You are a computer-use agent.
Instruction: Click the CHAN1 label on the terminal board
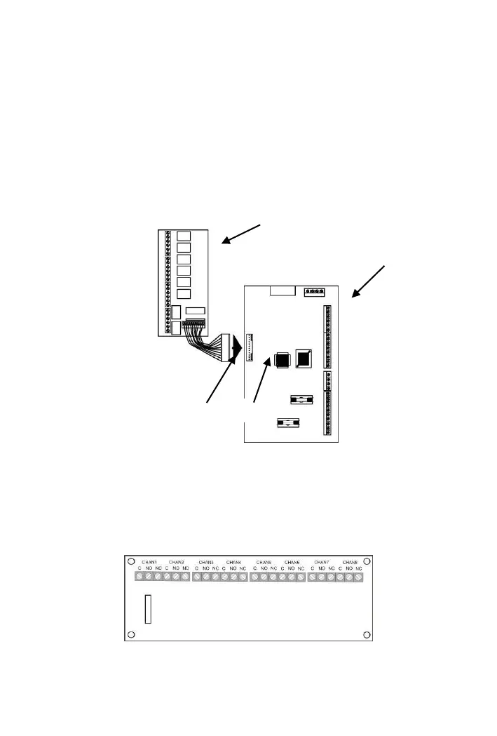click(x=148, y=562)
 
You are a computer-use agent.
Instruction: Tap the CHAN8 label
click(x=350, y=562)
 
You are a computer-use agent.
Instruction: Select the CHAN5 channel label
click(x=264, y=562)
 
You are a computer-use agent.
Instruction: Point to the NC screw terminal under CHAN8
click(x=358, y=577)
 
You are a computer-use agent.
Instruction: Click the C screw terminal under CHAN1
click(x=139, y=577)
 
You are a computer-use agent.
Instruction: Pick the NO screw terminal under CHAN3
click(x=206, y=577)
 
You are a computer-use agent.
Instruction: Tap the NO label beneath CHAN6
click(x=292, y=569)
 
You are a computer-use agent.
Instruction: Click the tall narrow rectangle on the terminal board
click(x=148, y=608)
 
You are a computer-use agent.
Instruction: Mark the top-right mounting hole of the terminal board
click(x=367, y=561)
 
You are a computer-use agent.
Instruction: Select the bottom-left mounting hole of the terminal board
click(x=130, y=636)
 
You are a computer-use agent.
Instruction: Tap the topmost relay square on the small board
click(x=184, y=236)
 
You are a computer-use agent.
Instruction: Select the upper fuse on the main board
click(x=299, y=399)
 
